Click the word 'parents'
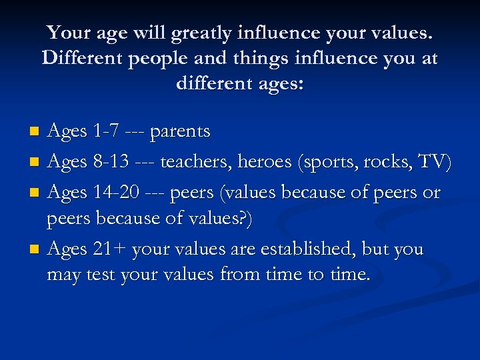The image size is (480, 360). click(x=180, y=132)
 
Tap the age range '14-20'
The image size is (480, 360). click(x=116, y=193)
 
